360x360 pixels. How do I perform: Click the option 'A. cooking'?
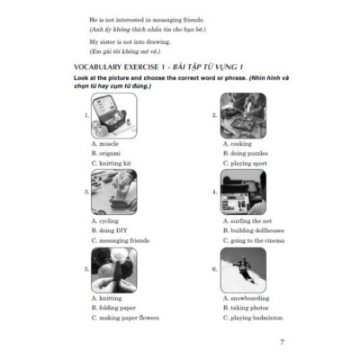(237, 143)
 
